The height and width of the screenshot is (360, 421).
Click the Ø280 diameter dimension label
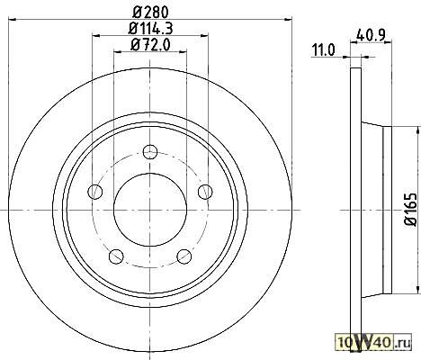point(150,13)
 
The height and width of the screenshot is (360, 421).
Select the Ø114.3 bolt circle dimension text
point(150,29)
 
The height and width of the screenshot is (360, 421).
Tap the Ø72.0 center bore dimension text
point(150,45)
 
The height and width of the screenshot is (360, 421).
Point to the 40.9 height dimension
point(371,35)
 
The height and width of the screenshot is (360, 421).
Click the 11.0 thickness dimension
point(324,50)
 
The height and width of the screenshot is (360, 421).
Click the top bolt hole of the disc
point(150,152)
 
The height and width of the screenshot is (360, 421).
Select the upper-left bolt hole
point(95,192)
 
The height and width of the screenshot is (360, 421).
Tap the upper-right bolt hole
point(205,192)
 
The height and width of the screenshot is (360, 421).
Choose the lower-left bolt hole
point(116,256)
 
